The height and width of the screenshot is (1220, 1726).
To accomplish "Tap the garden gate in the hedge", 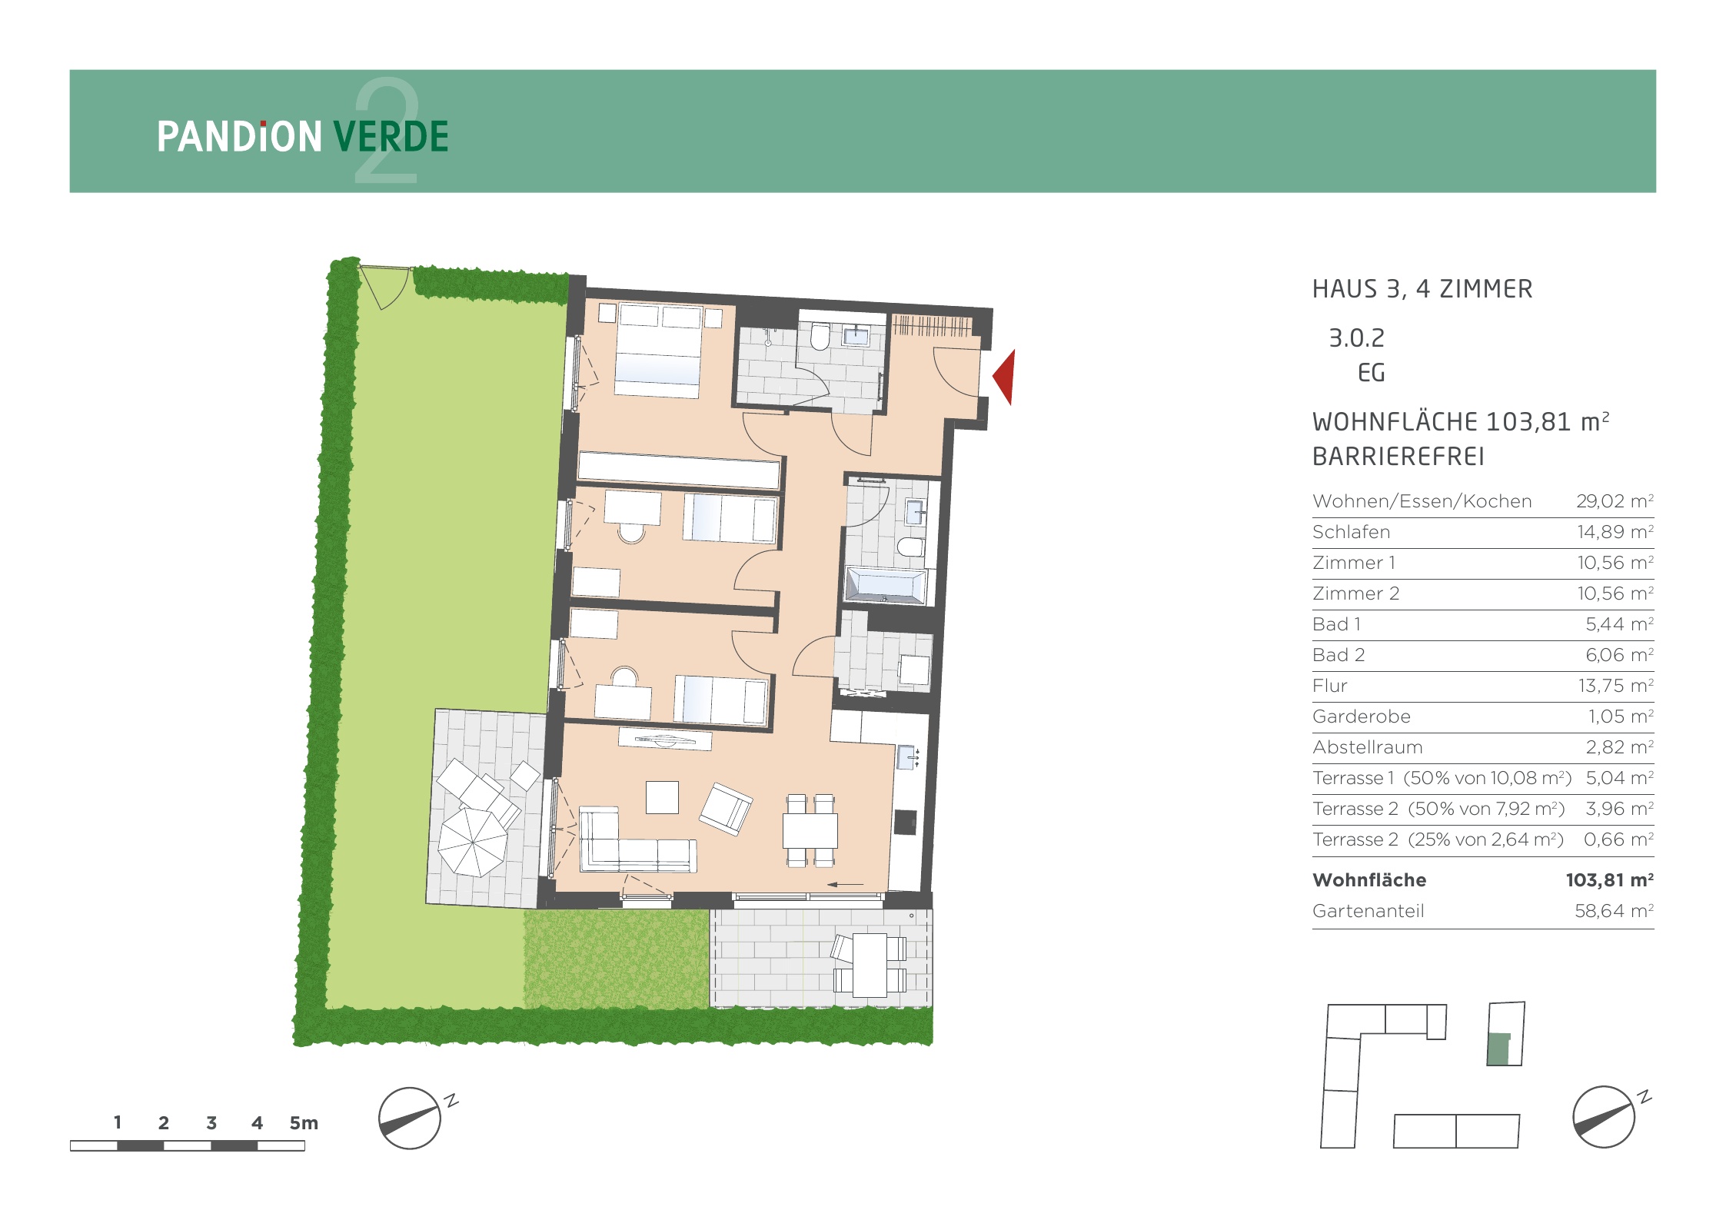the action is click(x=385, y=287).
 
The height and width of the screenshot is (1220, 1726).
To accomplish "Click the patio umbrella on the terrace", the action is click(x=473, y=843).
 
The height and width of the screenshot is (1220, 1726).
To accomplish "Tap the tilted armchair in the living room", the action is click(x=725, y=809).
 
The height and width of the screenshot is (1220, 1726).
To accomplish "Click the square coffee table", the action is click(x=662, y=797).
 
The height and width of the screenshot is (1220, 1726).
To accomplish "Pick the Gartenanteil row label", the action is click(x=1368, y=911).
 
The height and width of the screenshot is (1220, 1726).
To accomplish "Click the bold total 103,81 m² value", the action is click(x=1610, y=879).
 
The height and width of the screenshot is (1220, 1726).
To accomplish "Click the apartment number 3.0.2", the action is click(x=1356, y=338).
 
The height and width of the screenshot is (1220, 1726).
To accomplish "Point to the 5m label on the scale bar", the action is click(x=304, y=1122).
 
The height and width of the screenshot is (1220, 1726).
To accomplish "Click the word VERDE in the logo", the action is click(x=391, y=137).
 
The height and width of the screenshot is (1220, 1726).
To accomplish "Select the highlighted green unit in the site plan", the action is click(x=1498, y=1049).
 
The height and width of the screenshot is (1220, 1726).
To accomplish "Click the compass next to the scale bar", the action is click(x=410, y=1118).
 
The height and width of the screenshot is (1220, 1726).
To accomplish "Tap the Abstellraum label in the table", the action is click(x=1368, y=747).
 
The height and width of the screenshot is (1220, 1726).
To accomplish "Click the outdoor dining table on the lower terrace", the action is click(x=870, y=965).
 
